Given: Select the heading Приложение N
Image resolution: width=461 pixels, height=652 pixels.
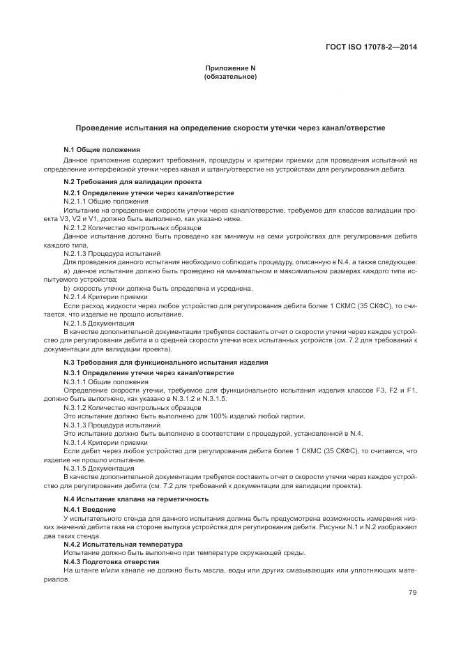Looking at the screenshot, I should pos(230,68).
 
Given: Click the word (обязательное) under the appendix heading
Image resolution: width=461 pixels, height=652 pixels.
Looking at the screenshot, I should pos(230,76).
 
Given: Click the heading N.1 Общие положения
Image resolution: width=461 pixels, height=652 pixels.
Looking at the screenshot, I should pos(102,149).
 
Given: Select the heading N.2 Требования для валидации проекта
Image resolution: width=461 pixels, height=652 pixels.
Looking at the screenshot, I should pos(123,181).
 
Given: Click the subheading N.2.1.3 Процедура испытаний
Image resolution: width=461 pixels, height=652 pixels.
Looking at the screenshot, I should pos(112,253).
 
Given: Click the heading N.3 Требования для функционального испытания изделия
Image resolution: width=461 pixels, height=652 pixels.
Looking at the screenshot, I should pos(166,363).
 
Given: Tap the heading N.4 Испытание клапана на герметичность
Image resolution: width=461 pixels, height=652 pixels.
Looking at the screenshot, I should pos(136,499).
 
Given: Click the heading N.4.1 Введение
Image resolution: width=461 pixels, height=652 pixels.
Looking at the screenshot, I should pos(89,510).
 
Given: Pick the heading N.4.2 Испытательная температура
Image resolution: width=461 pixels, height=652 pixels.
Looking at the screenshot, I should pos(123,544).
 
